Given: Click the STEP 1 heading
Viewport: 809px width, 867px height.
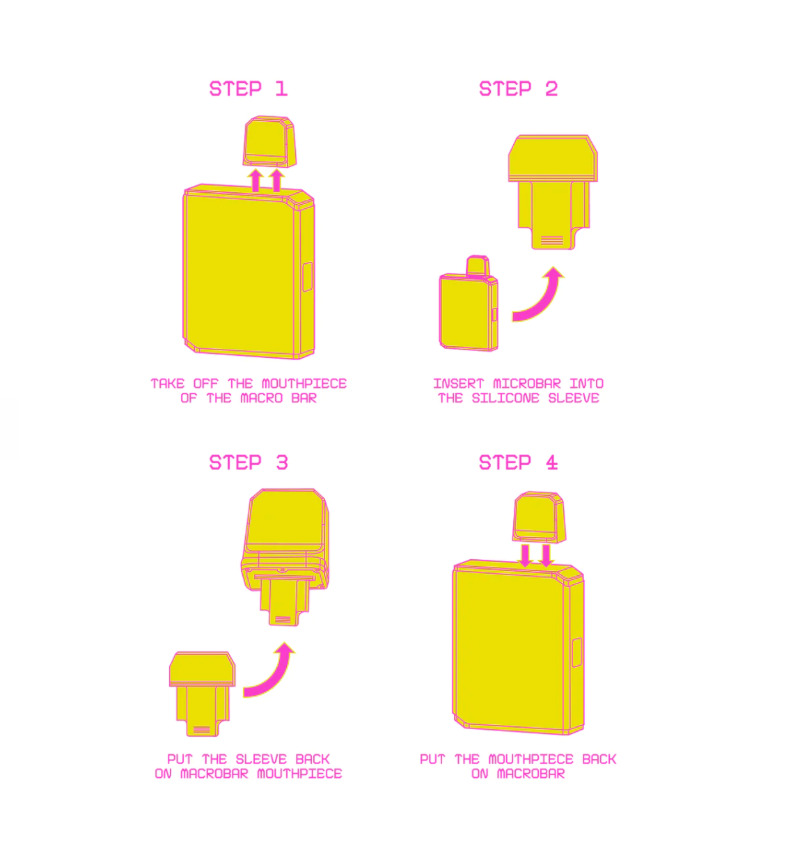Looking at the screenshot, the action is pos(248,88).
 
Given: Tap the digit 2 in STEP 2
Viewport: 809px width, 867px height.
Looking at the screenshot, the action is pos(551,88).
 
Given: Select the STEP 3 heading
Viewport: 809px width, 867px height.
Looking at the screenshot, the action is pos(248,462).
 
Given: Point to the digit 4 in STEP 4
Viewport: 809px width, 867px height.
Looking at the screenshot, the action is pos(551,462).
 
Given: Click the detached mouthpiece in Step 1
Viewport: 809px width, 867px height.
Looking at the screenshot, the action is pos(269,141).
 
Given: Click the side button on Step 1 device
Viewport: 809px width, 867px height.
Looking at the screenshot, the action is pos(307,276).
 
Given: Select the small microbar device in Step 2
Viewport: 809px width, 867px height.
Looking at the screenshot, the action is pos(469,304).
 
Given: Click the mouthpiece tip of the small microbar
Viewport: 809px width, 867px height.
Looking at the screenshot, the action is pos(477,265).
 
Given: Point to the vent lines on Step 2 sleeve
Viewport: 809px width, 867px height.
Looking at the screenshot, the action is pos(552,240).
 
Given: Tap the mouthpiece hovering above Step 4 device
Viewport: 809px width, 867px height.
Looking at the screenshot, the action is pos(539,517).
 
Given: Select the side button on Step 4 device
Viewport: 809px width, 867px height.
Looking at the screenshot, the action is pos(576,653).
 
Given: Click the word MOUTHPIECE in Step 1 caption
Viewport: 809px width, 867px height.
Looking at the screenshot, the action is pos(304,384).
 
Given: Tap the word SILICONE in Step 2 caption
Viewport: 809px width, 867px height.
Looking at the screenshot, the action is pos(505,398).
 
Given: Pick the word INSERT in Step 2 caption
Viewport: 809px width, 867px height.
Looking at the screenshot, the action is pos(458,384).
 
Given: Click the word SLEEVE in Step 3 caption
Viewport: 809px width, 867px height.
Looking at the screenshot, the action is pos(260,759).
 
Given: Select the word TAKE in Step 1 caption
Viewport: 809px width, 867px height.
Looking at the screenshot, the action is pos(167,384).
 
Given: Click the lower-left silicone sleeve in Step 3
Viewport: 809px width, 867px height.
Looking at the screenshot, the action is pos(202,694).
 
